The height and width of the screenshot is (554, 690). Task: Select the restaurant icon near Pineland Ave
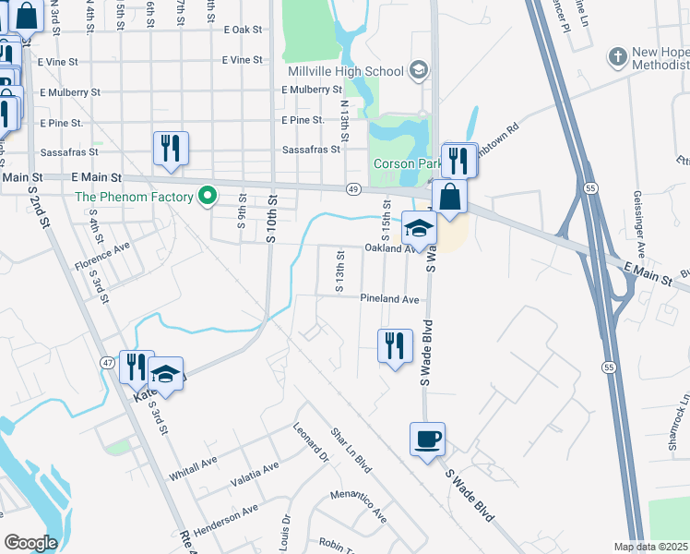[395, 346]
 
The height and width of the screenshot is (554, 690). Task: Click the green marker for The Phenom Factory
[208, 196]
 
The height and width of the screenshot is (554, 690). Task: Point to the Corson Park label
[403, 164]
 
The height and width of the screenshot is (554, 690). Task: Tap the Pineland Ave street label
[389, 299]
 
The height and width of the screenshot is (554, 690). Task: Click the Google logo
[30, 543]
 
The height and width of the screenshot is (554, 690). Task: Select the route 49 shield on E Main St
[353, 189]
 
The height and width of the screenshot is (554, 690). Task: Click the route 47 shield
[109, 364]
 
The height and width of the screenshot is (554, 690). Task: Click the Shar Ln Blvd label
[351, 450]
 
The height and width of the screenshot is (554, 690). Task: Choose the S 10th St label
[271, 219]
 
